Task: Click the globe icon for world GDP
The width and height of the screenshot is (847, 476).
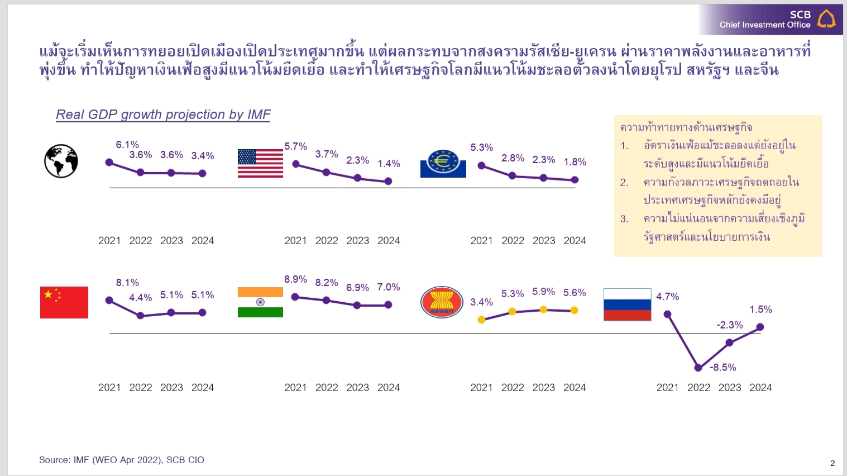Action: click(61, 161)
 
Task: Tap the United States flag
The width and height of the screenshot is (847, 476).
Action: click(260, 163)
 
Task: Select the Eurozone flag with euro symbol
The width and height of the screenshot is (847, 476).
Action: click(443, 163)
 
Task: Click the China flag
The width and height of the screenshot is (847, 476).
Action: click(64, 302)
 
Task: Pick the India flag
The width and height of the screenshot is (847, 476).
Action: click(260, 302)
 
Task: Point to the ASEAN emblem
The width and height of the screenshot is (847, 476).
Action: click(442, 302)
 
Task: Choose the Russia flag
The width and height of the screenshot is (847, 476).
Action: click(627, 304)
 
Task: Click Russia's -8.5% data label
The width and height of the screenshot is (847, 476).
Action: click(723, 367)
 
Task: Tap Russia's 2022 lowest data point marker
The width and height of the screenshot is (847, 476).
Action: click(698, 368)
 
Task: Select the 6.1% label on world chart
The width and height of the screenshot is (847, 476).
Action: click(127, 145)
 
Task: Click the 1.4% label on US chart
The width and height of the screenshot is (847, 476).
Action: click(389, 164)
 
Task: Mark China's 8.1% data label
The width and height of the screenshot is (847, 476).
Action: click(127, 283)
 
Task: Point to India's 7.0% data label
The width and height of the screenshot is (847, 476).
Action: click(389, 287)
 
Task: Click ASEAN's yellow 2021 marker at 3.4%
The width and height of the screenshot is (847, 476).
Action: click(481, 320)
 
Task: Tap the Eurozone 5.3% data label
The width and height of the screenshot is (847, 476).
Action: click(481, 147)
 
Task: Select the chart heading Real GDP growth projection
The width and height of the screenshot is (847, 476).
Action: click(163, 115)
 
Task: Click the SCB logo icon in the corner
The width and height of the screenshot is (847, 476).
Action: click(826, 18)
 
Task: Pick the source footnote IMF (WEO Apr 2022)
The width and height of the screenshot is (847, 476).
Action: click(122, 460)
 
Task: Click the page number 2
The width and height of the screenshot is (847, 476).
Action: click(832, 463)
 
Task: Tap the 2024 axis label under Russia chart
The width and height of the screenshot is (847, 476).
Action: click(760, 388)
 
